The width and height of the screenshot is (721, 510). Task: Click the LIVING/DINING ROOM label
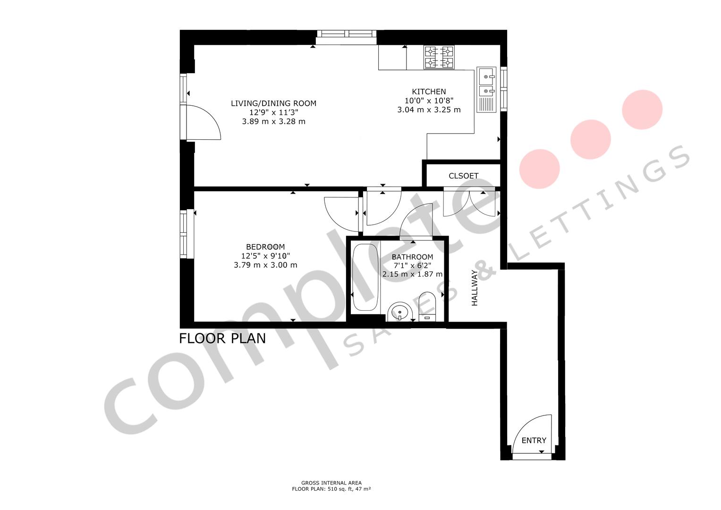pos(273,103)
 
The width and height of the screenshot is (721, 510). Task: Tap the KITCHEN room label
pos(429,92)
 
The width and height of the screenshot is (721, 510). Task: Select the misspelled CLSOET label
pos(463,176)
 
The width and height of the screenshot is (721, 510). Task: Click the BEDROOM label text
pos(265,247)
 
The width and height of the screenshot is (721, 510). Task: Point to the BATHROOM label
pos(412,257)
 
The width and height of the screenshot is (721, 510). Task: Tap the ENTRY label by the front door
pos(534,440)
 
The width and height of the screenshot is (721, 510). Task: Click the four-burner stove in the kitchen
pos(439,57)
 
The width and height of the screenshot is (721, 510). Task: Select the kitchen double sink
pos(486,83)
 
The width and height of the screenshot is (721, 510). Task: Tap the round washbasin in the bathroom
pos(400,312)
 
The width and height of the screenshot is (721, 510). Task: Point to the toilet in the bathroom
pos(427,307)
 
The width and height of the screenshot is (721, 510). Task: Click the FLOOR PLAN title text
pos(222,339)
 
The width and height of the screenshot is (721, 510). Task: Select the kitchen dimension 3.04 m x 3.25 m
pos(429,110)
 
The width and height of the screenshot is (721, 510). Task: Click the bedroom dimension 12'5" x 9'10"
pos(265,256)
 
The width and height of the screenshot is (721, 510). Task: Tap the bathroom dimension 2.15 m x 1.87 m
pos(412,274)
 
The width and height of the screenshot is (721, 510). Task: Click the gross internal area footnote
pos(331,486)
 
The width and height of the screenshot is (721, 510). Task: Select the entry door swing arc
pos(531,432)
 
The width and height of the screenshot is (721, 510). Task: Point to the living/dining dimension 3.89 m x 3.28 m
pos(273,121)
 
